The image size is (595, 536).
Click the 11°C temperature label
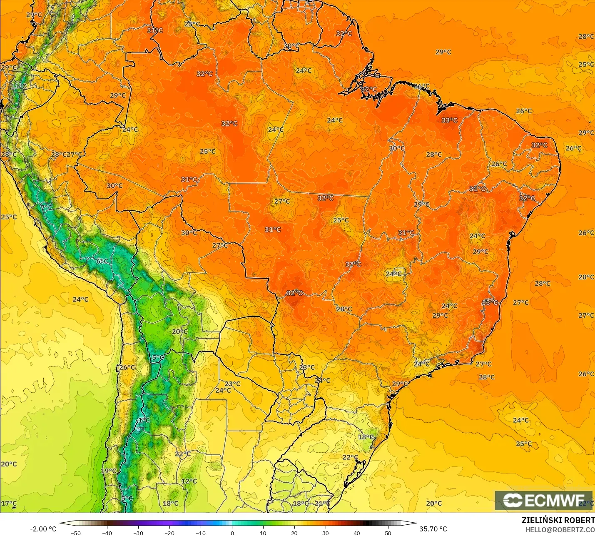tap(18, 86)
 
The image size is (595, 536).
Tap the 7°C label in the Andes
tap(47, 207)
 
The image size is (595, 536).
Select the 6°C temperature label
tap(102, 261)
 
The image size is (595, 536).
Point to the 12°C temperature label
tap(189, 481)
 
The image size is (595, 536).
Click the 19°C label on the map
tap(109, 471)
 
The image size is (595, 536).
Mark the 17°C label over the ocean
tap(9, 504)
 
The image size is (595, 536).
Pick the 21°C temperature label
tap(322, 503)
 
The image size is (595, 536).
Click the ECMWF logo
tap(543, 500)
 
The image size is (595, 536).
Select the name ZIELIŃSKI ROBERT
tap(558, 520)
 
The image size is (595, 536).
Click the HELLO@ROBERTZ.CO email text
tap(560, 530)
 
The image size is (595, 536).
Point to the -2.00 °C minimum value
tap(43, 529)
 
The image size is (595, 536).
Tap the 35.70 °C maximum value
tap(433, 529)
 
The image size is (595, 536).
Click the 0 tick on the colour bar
tap(232, 533)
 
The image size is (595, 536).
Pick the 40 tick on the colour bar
tap(357, 533)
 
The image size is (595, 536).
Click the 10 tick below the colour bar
tap(263, 533)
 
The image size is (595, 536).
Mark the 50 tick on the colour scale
tap(388, 533)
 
